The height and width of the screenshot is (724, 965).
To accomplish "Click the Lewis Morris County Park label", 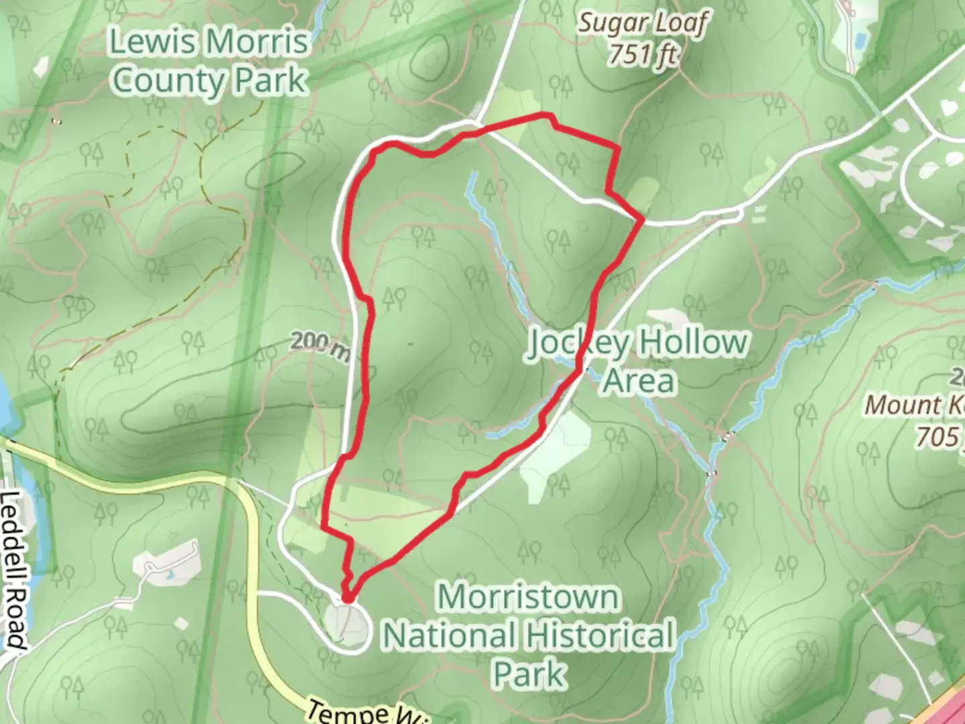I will (209, 61).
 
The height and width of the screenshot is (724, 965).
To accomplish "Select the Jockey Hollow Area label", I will (637, 361).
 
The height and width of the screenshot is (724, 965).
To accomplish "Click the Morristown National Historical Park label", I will (528, 635).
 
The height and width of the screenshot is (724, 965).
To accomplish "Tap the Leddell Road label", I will (13, 570).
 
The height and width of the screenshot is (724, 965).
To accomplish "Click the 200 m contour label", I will (320, 344).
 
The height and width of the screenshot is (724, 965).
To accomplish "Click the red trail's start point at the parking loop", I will (348, 597).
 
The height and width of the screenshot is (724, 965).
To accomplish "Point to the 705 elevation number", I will (938, 437).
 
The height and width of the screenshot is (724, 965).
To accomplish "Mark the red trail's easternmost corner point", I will (643, 219).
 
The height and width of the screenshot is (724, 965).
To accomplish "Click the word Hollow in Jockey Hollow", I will (692, 343).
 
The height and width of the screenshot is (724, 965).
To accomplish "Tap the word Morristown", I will (528, 597).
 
